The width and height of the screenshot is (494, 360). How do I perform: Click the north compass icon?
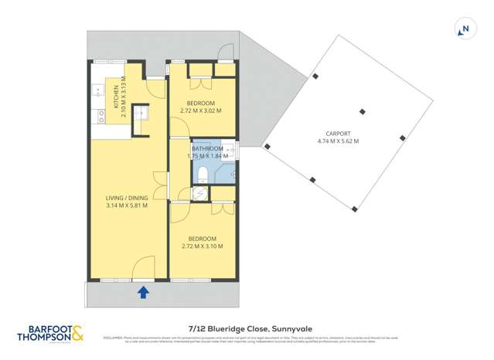click(465, 29)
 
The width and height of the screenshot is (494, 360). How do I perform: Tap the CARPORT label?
click(338, 133)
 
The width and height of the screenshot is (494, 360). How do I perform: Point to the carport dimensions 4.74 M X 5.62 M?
click(338, 141)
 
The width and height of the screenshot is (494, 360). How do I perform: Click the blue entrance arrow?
click(143, 291)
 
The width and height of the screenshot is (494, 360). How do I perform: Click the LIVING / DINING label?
click(127, 197)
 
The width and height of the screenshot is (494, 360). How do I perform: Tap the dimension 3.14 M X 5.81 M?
click(127, 205)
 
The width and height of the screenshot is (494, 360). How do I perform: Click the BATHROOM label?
click(207, 148)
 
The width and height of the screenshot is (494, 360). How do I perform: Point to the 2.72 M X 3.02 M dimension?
click(200, 110)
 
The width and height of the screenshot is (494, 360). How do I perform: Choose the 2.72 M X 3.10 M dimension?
click(201, 246)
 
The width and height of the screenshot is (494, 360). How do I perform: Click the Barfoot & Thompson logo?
click(49, 333)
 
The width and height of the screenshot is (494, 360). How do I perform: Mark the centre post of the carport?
click(359, 111)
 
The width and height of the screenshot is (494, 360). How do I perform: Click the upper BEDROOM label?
click(200, 103)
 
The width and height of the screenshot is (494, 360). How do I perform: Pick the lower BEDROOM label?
click(201, 239)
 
